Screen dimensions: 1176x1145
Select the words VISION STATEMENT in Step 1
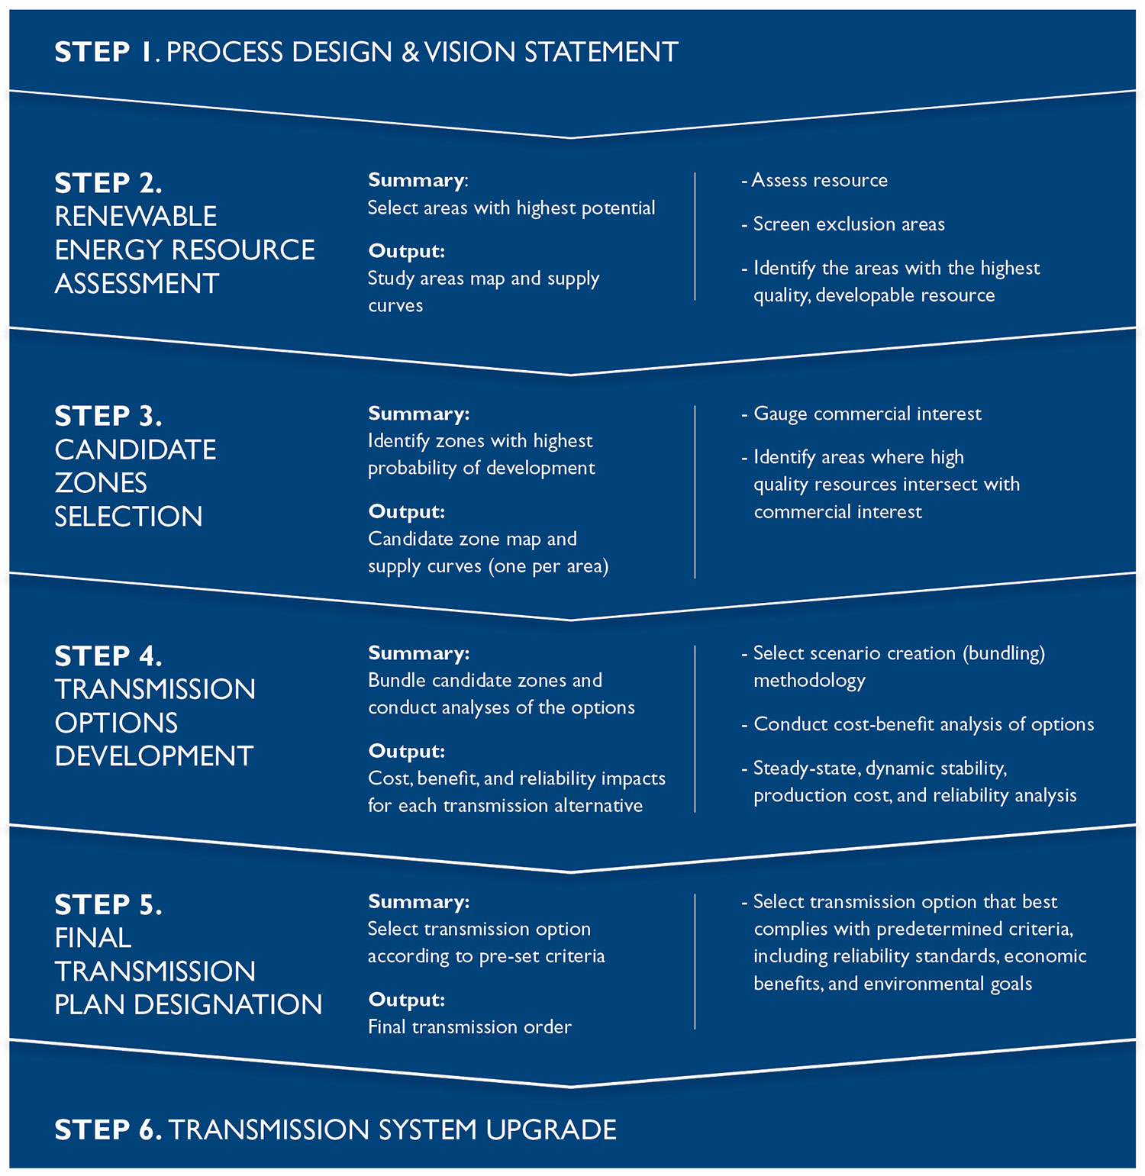coord(551,52)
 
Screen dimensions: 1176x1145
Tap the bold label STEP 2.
coord(108,183)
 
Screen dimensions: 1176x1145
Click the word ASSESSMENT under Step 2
coord(137,284)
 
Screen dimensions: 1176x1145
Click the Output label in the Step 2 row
coord(406,251)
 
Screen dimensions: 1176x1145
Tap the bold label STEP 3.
coord(108,416)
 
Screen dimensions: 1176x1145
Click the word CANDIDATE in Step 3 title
coord(135,449)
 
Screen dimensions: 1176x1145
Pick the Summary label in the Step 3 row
coord(418,414)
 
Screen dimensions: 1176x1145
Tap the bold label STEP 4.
coord(108,656)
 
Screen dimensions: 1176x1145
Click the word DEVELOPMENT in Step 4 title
coord(153,756)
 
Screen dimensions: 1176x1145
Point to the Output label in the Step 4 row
coord(406,751)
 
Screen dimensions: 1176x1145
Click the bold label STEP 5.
coord(108,904)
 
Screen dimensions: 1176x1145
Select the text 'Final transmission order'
coord(469,1027)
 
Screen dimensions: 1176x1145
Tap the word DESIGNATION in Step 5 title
coord(227,1005)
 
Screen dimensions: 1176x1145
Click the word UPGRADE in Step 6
coord(550,1129)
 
